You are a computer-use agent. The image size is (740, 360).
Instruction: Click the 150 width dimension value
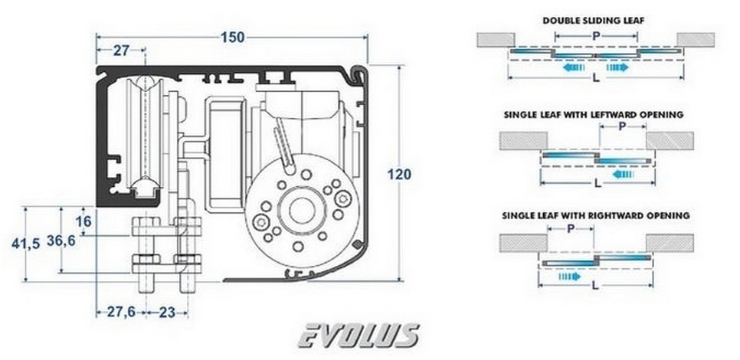[232, 36]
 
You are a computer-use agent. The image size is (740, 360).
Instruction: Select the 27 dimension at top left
[121, 51]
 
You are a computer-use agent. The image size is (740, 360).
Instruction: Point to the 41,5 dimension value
[26, 245]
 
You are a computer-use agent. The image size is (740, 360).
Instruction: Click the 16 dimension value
[84, 221]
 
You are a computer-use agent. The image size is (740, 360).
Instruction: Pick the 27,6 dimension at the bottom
[117, 312]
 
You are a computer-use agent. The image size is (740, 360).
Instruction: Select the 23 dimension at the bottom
[168, 312]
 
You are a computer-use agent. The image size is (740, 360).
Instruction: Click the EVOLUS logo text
[358, 335]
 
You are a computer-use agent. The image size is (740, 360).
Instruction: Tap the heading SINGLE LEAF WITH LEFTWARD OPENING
[594, 115]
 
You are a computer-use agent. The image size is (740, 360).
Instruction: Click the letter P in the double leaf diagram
[595, 35]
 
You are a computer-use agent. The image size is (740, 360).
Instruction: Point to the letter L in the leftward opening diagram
[597, 184]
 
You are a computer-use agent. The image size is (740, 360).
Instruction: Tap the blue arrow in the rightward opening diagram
[570, 276]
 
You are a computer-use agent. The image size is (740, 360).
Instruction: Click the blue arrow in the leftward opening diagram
[623, 174]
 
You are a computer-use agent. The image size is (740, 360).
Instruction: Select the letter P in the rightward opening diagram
[571, 228]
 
